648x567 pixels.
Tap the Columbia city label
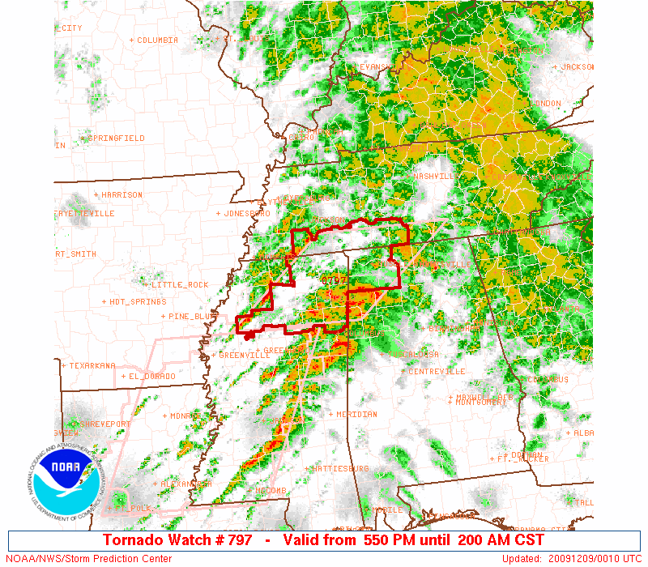point(157,40)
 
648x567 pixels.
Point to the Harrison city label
point(122,195)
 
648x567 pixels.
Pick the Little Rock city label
point(180,285)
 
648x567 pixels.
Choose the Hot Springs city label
point(138,302)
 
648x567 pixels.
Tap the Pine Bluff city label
point(192,317)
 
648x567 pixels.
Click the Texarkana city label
point(92,365)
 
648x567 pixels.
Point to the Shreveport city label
point(104,424)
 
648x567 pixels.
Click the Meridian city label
point(356,415)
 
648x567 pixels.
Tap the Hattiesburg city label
point(340,469)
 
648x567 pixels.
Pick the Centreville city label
point(437,372)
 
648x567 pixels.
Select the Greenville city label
point(245,356)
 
